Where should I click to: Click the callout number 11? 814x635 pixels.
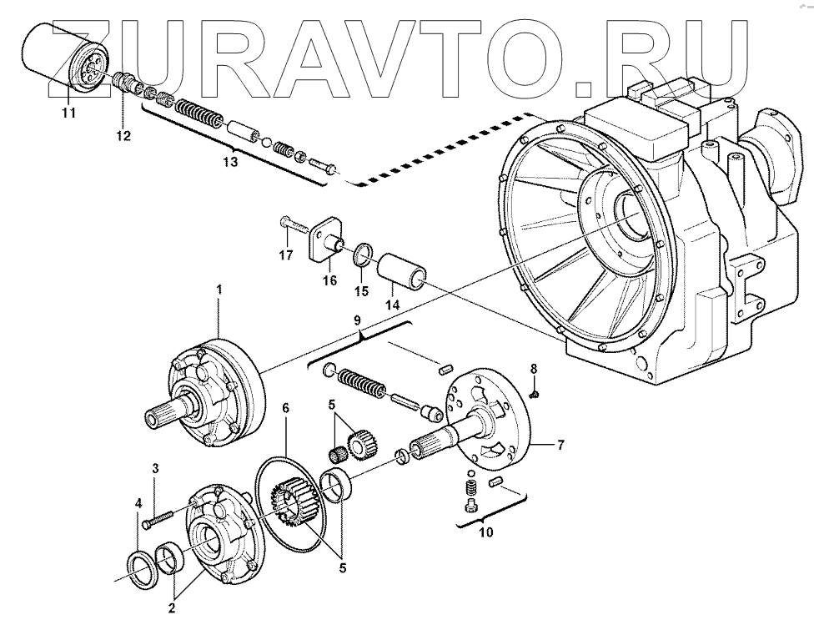point(68,113)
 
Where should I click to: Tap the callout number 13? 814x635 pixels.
point(229,162)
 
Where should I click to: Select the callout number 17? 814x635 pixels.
point(286,255)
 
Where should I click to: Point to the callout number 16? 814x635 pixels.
point(330,280)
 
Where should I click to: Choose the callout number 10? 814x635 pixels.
point(486,531)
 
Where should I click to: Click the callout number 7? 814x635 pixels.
point(560,445)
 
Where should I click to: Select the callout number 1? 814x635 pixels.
point(219,289)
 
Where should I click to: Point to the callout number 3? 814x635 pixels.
point(154,470)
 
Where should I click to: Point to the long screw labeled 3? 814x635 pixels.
point(158,513)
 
